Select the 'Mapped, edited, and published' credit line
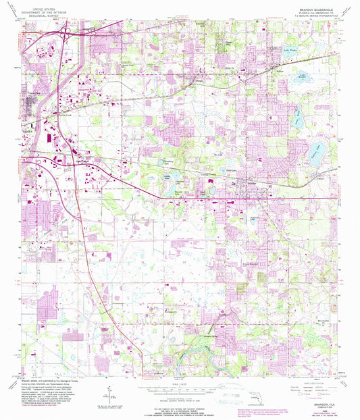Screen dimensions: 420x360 pyautogui.click(x=55, y=383)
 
